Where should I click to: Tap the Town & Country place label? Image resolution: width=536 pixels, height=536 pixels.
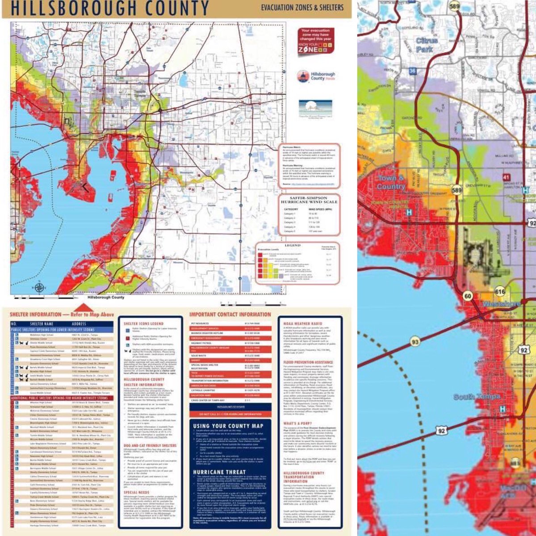click(x=391, y=182)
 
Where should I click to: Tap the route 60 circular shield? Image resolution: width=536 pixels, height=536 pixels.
click(x=468, y=296)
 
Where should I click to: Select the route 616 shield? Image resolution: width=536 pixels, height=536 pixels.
click(x=500, y=292)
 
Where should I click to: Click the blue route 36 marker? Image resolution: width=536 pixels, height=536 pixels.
click(x=412, y=71)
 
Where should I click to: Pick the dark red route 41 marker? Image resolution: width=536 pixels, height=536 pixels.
click(x=506, y=178)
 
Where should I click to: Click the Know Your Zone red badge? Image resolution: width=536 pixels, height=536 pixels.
click(x=316, y=41)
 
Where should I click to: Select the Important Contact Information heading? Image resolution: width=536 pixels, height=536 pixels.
click(x=230, y=314)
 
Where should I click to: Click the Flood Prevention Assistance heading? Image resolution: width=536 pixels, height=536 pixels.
click(x=308, y=362)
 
